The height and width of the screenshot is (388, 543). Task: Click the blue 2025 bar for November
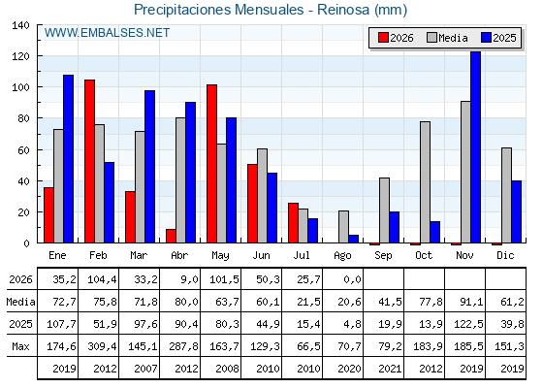475,147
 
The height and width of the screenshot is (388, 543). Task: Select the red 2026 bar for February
89,161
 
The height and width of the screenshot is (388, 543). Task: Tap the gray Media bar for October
426,182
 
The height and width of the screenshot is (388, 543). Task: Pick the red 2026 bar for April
171,236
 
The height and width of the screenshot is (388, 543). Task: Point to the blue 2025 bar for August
354,239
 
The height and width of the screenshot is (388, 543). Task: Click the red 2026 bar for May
212,164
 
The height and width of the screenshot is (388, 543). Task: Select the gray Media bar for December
506,195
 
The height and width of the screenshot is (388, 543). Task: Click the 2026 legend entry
396,38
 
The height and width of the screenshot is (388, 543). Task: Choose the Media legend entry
447,38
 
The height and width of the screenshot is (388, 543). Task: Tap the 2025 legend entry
498,38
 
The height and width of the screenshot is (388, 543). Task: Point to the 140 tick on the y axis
20,25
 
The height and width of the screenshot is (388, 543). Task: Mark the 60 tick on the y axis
23,150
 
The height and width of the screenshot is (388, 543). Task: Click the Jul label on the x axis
302,256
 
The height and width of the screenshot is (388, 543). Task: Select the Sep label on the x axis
383,256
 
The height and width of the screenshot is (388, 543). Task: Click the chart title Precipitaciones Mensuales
218,10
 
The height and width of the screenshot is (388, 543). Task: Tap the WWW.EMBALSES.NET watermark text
107,33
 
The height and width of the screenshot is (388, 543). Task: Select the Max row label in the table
20,346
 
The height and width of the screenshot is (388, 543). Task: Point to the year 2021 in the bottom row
390,369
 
